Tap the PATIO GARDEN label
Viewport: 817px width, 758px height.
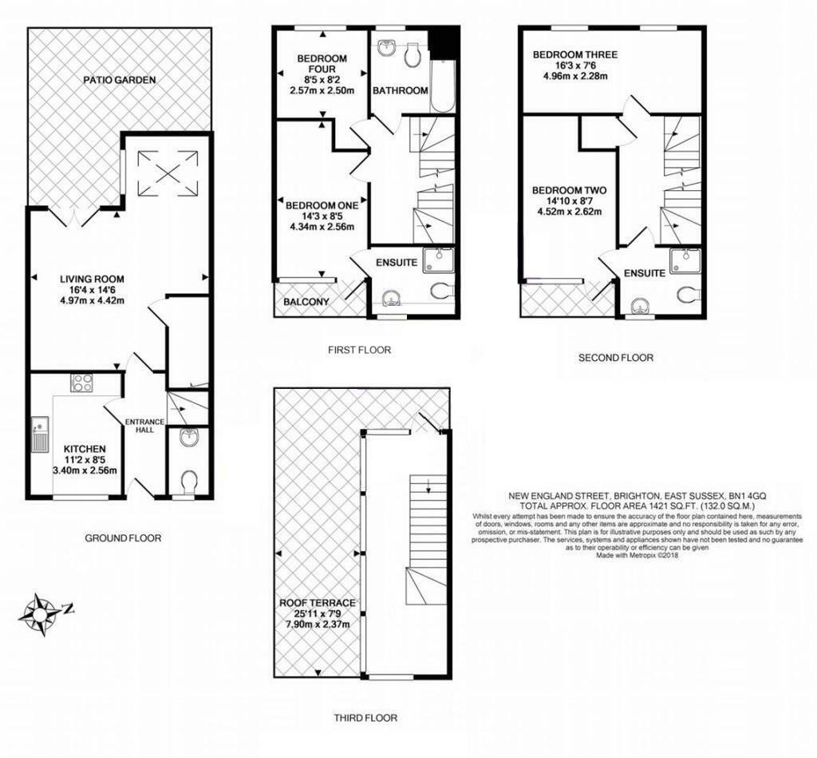pyautogui.click(x=119, y=80)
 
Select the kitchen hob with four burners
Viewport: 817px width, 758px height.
pyautogui.click(x=83, y=383)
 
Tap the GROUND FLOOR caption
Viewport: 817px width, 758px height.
pyautogui.click(x=123, y=538)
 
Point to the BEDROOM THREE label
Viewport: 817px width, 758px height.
pyautogui.click(x=575, y=55)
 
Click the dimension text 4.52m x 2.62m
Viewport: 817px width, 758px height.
pyautogui.click(x=570, y=212)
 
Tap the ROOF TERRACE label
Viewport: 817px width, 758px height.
pyautogui.click(x=317, y=603)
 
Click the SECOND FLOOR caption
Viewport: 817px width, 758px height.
pyautogui.click(x=615, y=358)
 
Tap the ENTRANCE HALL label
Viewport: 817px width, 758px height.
pyautogui.click(x=144, y=426)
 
